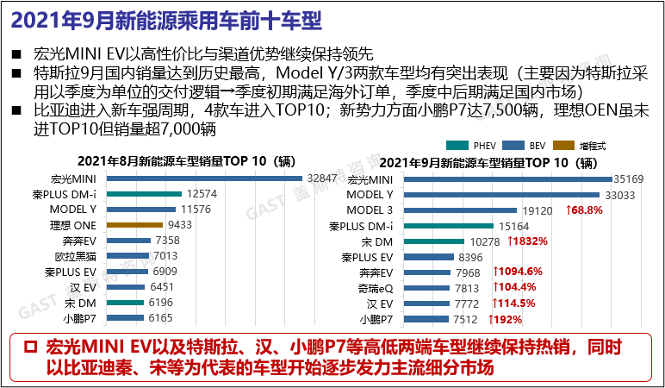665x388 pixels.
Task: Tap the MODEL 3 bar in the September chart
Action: (475, 210)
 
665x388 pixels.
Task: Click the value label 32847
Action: (320, 178)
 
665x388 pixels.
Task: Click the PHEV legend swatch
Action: (453, 145)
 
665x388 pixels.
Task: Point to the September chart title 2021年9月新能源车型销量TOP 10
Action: (487, 161)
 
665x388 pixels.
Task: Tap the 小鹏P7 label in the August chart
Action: (84, 319)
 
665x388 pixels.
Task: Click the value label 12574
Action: (200, 194)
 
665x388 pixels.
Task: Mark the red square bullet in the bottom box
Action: (30, 347)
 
